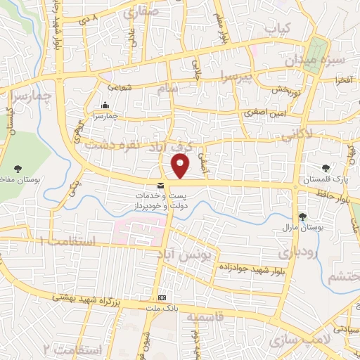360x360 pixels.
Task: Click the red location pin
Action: (x=181, y=166)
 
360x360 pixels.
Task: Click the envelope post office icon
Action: (x=162, y=185)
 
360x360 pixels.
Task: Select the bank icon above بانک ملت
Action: (x=162, y=297)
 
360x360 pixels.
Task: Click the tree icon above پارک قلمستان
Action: (x=326, y=168)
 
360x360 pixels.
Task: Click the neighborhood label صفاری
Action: (x=141, y=12)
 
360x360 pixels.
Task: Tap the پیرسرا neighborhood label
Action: (x=233, y=75)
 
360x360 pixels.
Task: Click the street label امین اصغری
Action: (x=262, y=112)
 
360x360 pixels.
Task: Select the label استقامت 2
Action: (x=73, y=349)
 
